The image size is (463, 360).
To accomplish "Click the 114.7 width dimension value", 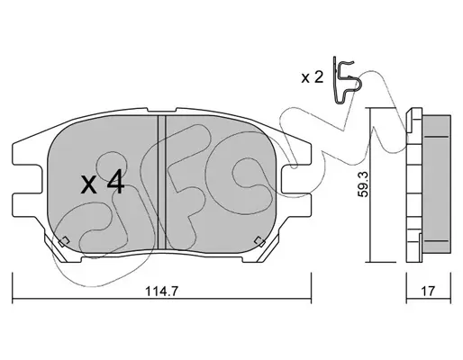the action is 161,291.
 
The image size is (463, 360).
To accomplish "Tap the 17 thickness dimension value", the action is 428,291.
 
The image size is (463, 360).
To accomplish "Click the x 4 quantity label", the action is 103,182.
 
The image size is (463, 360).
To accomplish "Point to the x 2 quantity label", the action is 313,78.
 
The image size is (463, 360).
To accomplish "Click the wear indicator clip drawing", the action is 344,80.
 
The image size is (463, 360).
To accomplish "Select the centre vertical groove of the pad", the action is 162,183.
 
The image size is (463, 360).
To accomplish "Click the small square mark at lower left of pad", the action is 64,241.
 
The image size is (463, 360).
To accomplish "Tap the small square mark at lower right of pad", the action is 259,241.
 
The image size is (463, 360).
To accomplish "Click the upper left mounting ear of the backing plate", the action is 26,154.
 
